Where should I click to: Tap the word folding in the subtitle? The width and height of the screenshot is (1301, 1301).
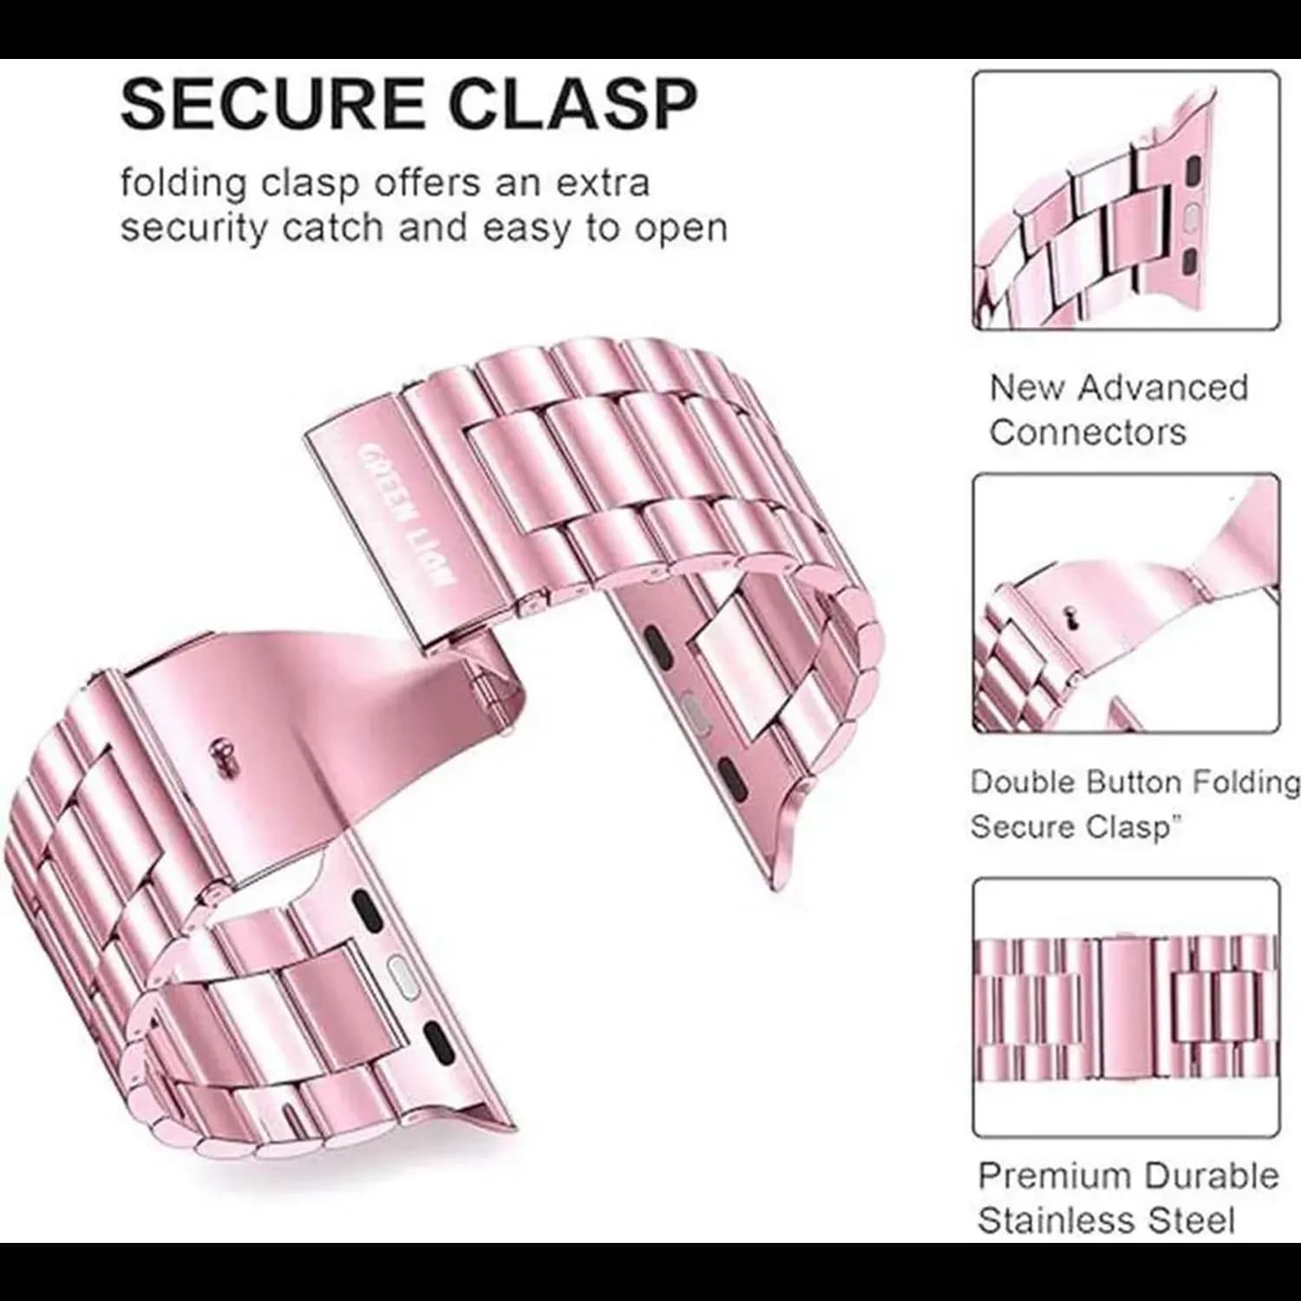[x=185, y=185]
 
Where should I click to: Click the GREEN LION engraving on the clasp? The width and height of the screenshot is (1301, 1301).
[x=402, y=515]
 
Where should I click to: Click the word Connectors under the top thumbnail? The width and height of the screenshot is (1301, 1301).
[x=1088, y=431]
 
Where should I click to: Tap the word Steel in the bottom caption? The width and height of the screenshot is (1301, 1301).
[x=1192, y=1220]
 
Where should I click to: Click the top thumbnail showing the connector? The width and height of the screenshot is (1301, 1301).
[x=1125, y=200]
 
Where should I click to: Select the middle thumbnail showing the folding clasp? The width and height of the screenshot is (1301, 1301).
[x=1125, y=604]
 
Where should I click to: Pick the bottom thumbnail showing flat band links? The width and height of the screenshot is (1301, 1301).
[x=1125, y=1007]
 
